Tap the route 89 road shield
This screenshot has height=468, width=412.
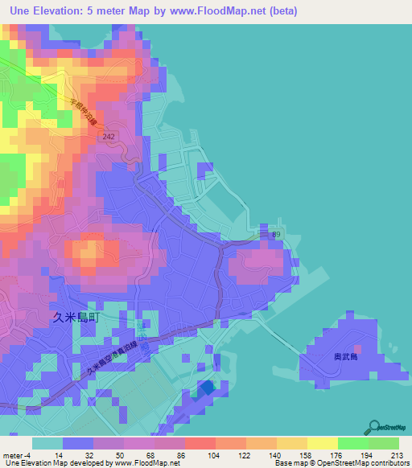(276, 234)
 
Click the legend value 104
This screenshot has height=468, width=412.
(192, 454)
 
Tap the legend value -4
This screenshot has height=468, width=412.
(29, 454)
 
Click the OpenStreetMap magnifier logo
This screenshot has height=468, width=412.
(377, 427)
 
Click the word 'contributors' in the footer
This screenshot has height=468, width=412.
(385, 463)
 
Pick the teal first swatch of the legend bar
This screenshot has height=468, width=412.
(47, 443)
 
